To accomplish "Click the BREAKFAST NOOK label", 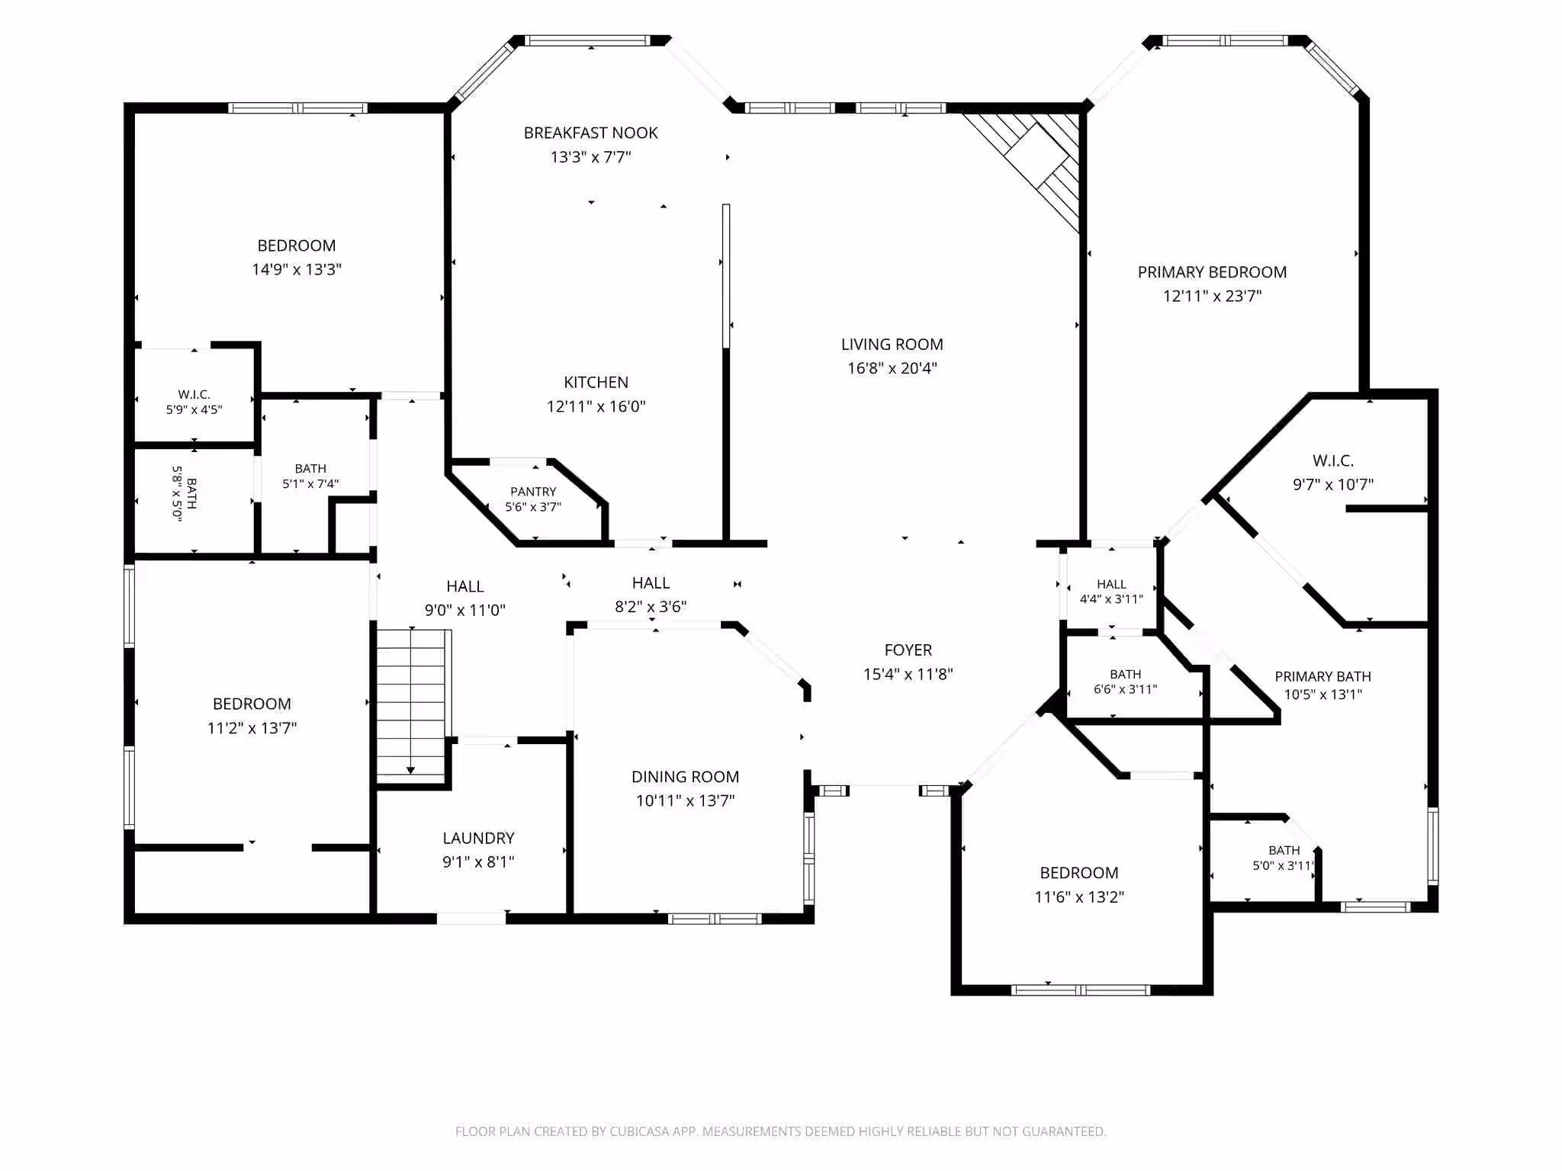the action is (590, 133).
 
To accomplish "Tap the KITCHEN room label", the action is (596, 382).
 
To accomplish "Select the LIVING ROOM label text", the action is (892, 344).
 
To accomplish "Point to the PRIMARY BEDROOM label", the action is (1212, 272).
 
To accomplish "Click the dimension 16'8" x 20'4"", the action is (892, 368).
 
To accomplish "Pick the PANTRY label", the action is (533, 492).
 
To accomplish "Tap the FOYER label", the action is (908, 650).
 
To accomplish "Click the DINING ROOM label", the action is (685, 777).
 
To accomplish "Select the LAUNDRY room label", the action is (478, 838).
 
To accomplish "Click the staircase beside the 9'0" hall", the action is (411, 705).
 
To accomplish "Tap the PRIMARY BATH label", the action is (1323, 676).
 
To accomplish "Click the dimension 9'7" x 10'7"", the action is (1332, 484).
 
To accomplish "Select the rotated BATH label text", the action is (191, 493).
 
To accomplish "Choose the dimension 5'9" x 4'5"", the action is (194, 409).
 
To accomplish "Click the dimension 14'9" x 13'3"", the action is (297, 269).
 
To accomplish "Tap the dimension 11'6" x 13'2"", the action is (1078, 897).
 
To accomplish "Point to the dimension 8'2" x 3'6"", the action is (651, 607).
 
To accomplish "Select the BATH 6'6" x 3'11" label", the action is (1125, 682).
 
